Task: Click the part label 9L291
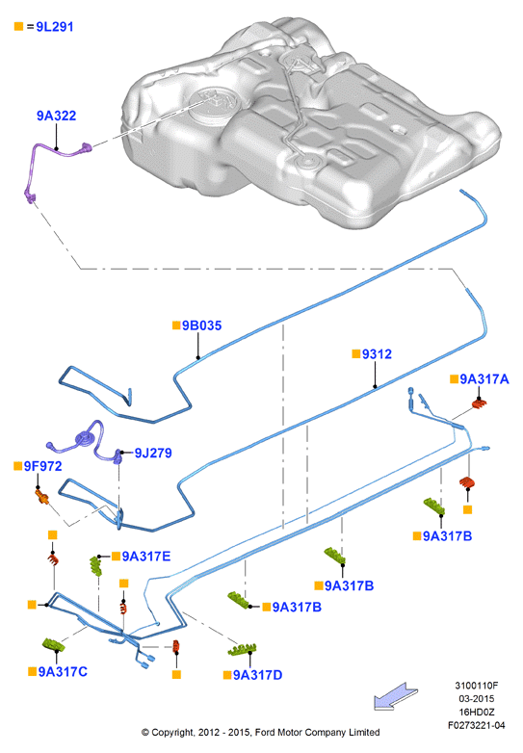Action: (55, 27)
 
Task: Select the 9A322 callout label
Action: (57, 116)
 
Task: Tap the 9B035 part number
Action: (201, 325)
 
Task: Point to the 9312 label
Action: (377, 354)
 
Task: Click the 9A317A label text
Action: (484, 379)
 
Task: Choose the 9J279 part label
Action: (153, 453)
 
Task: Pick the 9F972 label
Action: (42, 466)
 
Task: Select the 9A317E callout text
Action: (146, 557)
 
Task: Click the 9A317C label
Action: (63, 671)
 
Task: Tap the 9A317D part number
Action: (257, 675)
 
